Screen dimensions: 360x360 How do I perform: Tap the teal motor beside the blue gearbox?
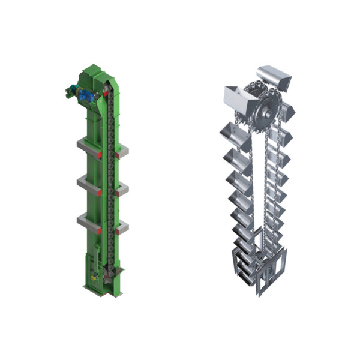pos(70,92)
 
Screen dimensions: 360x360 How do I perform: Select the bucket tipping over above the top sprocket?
pos(274,76)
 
